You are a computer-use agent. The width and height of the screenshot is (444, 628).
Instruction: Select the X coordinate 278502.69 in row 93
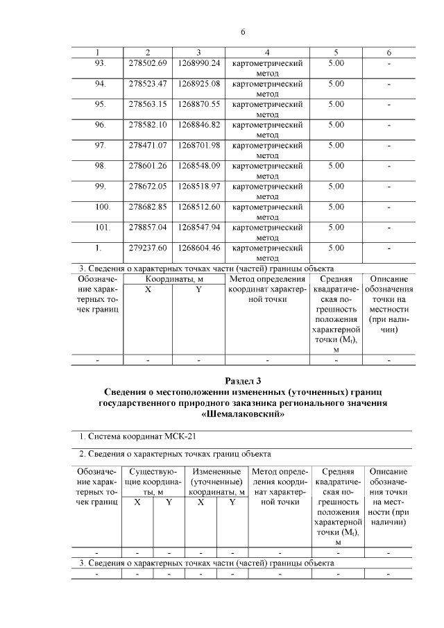[148, 63]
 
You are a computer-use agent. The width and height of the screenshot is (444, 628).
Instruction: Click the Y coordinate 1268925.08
[198, 84]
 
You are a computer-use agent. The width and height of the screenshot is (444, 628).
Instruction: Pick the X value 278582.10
[148, 125]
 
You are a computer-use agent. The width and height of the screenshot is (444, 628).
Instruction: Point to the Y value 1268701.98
[198, 145]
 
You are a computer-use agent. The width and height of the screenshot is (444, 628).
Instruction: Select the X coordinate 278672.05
[148, 186]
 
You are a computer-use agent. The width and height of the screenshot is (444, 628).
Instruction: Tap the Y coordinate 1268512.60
[198, 207]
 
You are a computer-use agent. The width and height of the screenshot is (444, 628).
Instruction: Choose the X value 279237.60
[148, 248]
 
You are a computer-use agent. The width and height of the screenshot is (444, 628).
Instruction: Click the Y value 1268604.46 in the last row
[198, 248]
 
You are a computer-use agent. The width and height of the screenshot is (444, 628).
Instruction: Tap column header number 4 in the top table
[267, 53]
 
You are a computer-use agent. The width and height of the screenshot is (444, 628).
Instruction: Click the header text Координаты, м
[173, 279]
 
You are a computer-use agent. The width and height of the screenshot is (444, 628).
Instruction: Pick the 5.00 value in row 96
[336, 125]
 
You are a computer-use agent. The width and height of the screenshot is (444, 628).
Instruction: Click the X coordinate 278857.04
[148, 227]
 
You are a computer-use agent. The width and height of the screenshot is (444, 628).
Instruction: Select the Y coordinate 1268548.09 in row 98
[198, 166]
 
